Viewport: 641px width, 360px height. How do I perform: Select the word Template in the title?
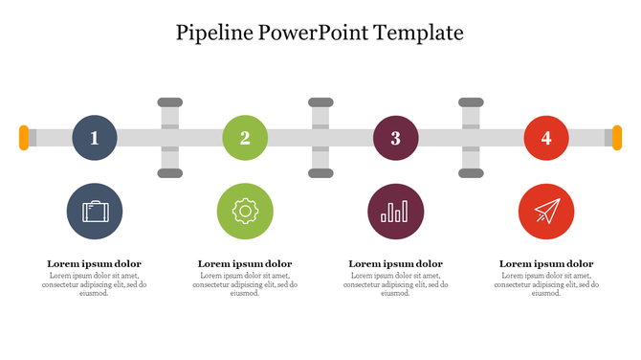(x=420, y=33)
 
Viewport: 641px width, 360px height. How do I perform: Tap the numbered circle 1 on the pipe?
(x=94, y=138)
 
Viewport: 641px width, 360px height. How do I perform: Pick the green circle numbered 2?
(x=245, y=138)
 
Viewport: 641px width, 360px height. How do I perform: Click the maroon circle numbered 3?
(x=395, y=138)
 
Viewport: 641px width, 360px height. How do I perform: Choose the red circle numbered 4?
(x=546, y=138)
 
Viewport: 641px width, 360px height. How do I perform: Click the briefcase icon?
(x=95, y=211)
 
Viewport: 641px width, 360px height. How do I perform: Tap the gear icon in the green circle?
(x=245, y=211)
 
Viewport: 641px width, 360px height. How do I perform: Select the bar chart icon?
(x=395, y=211)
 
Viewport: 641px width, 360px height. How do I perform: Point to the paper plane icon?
(x=546, y=211)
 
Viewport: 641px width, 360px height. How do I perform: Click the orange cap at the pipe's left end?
(x=24, y=138)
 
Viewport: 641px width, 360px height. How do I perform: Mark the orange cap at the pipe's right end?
(x=617, y=138)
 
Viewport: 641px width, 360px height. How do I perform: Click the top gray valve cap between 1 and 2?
(x=169, y=101)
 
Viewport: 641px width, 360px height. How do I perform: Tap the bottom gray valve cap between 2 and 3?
(x=320, y=173)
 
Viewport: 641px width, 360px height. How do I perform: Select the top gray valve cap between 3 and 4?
(x=471, y=101)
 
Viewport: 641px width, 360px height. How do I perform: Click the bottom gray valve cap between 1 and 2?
(x=169, y=173)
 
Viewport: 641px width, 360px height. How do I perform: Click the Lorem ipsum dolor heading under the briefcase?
(x=94, y=263)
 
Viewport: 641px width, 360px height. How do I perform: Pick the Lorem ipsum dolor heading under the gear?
(x=245, y=263)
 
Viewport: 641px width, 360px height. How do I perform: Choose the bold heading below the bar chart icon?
(x=395, y=263)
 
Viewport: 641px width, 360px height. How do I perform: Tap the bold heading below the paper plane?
(x=546, y=263)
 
